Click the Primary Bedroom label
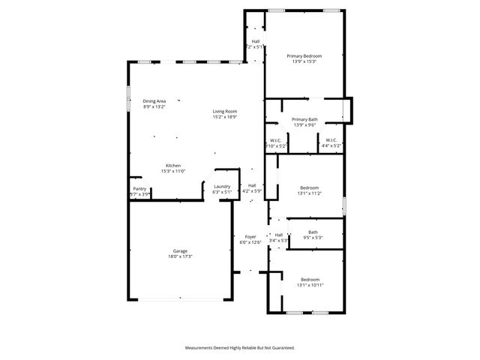(x=304, y=56)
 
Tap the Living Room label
(x=224, y=111)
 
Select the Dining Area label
(x=154, y=101)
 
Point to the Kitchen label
(x=173, y=166)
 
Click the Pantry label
(x=139, y=188)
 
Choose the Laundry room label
(x=221, y=186)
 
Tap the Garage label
(x=180, y=250)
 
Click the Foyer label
(x=250, y=237)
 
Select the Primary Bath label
(x=304, y=120)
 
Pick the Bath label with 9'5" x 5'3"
(x=313, y=232)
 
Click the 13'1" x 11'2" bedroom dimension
(x=310, y=193)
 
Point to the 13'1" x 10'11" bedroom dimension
(x=310, y=285)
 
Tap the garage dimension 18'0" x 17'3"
(x=180, y=256)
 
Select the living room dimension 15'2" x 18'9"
(x=224, y=117)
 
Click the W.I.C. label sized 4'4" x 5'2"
(x=330, y=140)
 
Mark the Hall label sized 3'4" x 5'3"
(x=278, y=235)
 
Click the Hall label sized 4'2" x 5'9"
(x=251, y=185)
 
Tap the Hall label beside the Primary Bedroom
(x=255, y=41)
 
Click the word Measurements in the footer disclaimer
(x=202, y=347)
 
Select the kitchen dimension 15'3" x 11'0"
(x=173, y=172)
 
